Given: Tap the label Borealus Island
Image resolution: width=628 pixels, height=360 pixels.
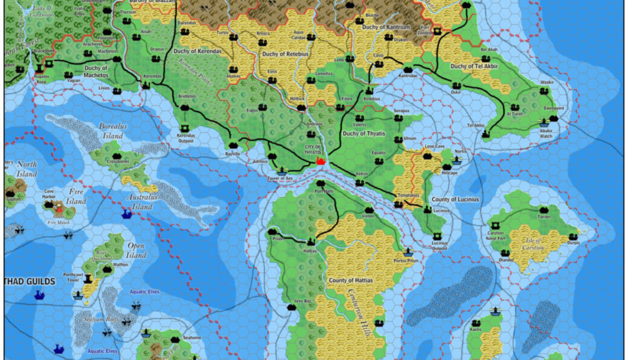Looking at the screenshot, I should click(x=113, y=131).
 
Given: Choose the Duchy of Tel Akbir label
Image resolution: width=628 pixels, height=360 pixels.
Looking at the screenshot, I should click(x=474, y=67).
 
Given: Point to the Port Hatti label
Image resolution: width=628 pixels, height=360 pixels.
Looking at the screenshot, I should click(x=324, y=191).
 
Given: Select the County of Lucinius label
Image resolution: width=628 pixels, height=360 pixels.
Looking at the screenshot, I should click(x=455, y=200).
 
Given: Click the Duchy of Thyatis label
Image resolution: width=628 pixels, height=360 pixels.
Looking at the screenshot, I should click(x=364, y=133).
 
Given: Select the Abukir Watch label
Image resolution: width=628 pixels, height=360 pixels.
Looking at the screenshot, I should click(x=543, y=136).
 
